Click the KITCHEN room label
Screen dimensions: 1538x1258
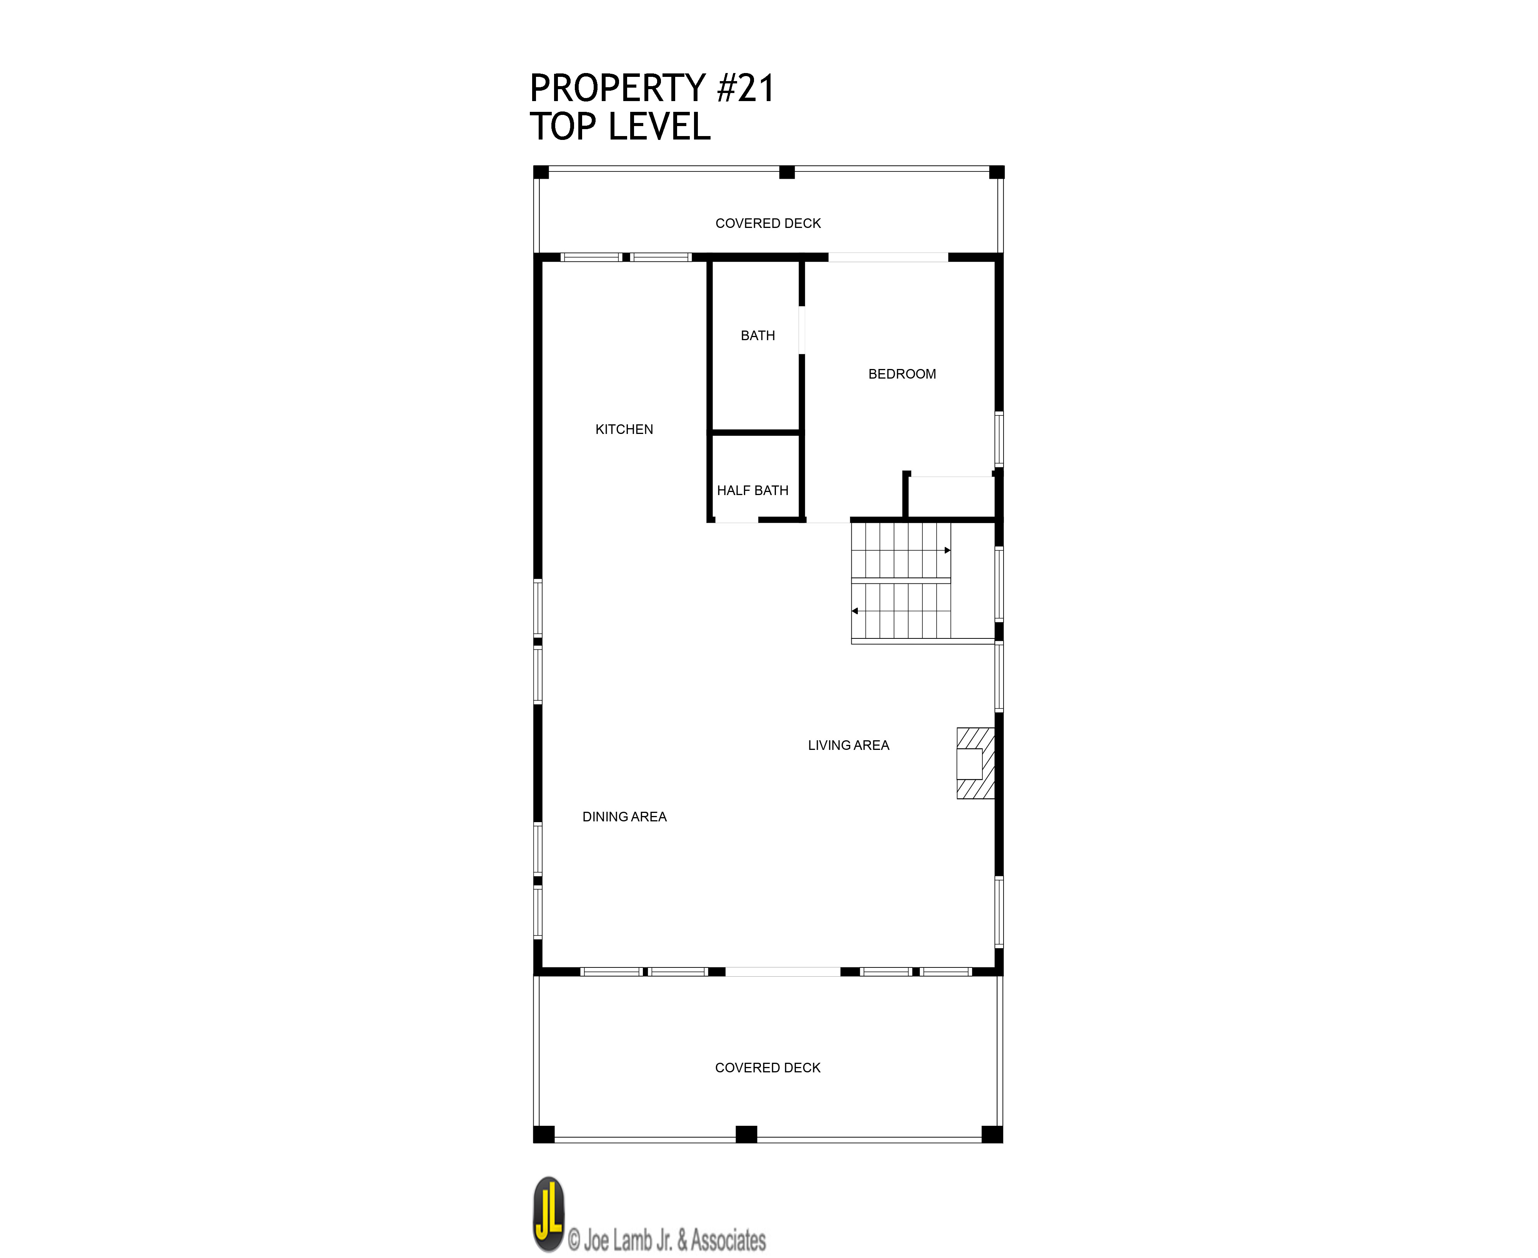(x=624, y=430)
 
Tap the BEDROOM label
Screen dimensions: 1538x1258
(x=902, y=374)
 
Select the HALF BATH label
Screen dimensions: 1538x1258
(x=752, y=490)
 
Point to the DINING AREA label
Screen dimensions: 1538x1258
(x=624, y=817)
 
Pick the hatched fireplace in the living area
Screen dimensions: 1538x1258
(x=975, y=763)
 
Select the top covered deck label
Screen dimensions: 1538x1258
(x=768, y=223)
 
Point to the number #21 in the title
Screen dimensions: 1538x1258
(x=746, y=88)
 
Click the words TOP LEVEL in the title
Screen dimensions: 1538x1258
(x=620, y=127)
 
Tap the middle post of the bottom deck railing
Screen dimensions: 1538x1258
(x=747, y=1134)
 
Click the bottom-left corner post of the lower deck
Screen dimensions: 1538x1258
(x=544, y=1134)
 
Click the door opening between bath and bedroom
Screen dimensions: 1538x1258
(x=802, y=330)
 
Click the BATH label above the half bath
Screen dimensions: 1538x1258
(x=757, y=336)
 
